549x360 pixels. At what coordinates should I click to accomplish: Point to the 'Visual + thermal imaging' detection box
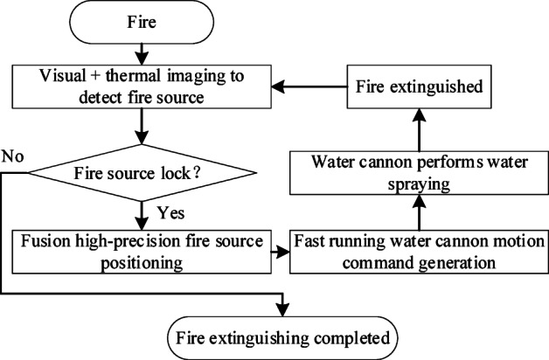[x=141, y=87]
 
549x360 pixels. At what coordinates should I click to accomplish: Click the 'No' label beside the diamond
[x=12, y=157]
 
